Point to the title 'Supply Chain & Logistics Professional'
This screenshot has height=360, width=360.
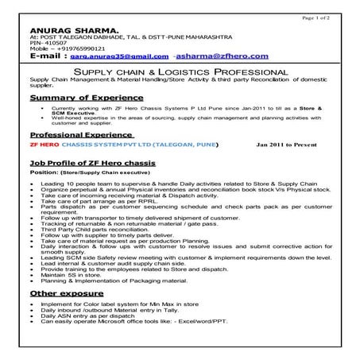click(180, 72)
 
